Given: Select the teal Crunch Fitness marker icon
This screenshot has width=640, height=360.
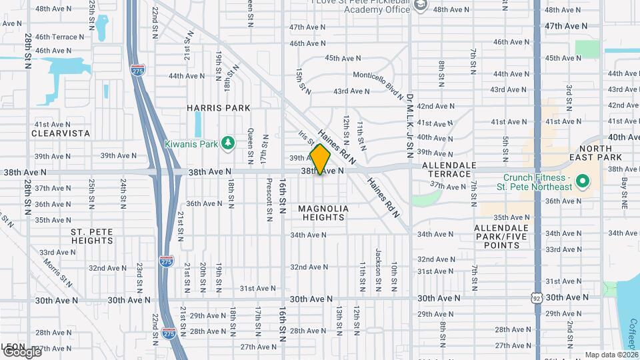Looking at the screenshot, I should tap(581, 181).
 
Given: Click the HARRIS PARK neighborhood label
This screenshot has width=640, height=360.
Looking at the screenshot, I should tap(219, 108).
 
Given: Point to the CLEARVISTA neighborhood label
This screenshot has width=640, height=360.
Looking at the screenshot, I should tap(60, 133).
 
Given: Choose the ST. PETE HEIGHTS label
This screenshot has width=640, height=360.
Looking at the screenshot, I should tap(92, 236).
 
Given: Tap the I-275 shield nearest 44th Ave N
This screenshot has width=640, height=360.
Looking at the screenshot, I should tap(138, 71).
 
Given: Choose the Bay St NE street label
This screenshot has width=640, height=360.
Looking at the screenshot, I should tap(625, 190).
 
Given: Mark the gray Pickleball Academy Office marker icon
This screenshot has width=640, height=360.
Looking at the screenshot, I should tap(420, 6).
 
